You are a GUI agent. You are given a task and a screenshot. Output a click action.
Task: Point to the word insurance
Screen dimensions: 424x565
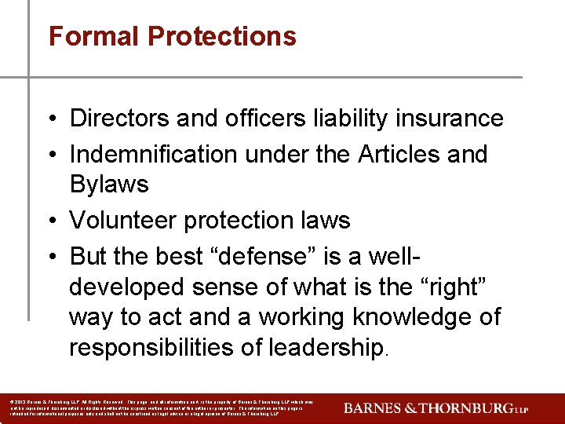point(449,119)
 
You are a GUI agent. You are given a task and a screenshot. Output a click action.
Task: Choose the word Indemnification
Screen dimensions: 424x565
point(154,154)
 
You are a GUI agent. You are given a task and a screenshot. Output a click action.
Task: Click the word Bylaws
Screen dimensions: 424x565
point(109,185)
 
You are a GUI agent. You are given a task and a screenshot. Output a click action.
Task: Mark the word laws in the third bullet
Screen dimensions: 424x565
point(323,220)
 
